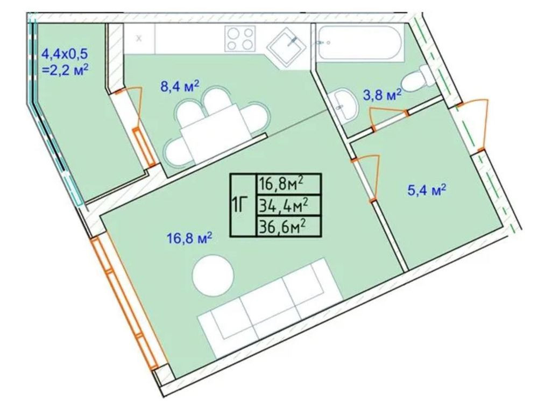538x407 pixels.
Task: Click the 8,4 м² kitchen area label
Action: pos(180,86)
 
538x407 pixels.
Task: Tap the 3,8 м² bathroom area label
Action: pos(382,95)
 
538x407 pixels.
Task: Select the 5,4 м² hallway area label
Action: pos(427,190)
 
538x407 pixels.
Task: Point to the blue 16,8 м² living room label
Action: pos(189,238)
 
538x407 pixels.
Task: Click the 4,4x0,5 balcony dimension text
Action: pos(65,54)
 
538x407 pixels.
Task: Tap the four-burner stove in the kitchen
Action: pos(240,38)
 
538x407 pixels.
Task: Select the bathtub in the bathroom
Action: pos(360,44)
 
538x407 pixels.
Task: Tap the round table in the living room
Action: pos(213,275)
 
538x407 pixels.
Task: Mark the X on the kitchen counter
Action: pos(139,38)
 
